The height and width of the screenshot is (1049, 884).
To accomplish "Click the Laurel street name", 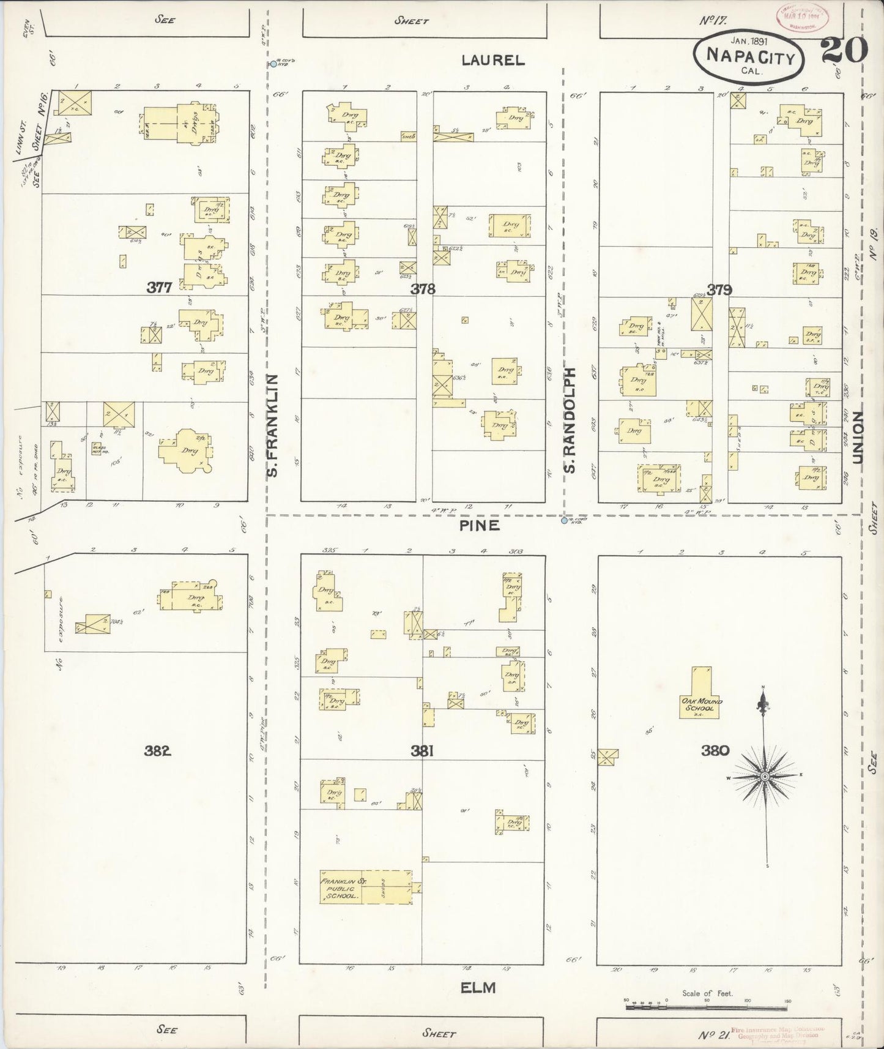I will tap(492, 60).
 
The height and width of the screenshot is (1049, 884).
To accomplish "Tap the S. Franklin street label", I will tap(273, 426).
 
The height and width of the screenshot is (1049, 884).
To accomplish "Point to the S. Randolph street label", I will tap(570, 420).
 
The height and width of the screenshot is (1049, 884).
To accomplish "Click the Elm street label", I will tap(479, 987).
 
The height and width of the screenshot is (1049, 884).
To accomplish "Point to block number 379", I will tap(719, 289).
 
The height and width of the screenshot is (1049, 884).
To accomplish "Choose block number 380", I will tap(716, 750).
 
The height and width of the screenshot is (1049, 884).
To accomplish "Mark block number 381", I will tap(422, 751).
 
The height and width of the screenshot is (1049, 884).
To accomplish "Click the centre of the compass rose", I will tap(764, 777).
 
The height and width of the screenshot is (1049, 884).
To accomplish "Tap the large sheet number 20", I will tap(845, 50).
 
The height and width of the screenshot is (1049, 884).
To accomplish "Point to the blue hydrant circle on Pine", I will tap(563, 521).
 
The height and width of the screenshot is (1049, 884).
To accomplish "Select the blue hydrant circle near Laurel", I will tap(273, 64).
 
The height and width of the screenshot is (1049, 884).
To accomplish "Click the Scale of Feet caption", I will tap(707, 993).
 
